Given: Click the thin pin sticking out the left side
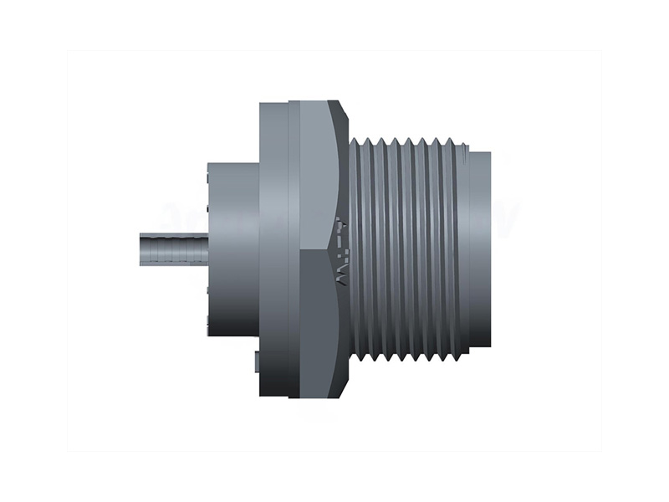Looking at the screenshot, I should coord(171,248).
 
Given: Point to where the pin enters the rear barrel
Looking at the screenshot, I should coord(206,248).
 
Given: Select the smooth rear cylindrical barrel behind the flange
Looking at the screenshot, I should coord(232,248).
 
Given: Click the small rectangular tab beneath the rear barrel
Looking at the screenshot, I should coord(254,361).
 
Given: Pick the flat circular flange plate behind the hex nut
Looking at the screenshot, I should coord(273,248).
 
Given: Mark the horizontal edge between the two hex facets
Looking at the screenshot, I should coord(318,248).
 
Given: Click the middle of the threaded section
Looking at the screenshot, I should coord(410,248).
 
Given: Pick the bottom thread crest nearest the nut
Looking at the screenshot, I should coord(363,361).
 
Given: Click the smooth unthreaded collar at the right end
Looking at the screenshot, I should coord(478,248).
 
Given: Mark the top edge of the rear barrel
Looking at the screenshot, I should coord(232,161).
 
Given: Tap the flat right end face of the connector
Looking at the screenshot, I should coord(489,248).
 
